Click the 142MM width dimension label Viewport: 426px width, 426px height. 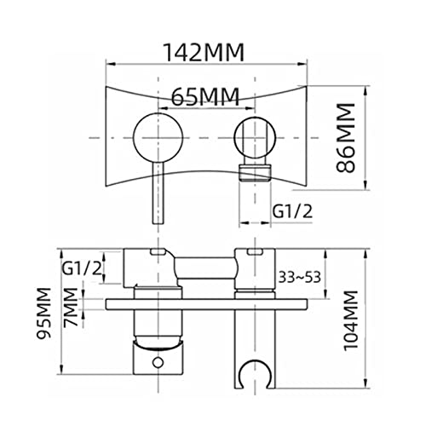pos(204,52)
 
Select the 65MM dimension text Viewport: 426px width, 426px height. pos(205,97)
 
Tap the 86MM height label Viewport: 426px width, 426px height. pos(346,137)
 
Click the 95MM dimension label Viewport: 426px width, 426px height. pos(44,313)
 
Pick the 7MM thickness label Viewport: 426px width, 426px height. pos(71,307)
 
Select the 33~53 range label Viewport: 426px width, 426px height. pos(299,277)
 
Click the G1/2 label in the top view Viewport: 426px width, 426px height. pos(292,211)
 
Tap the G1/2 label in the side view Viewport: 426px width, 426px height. pos(82,268)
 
